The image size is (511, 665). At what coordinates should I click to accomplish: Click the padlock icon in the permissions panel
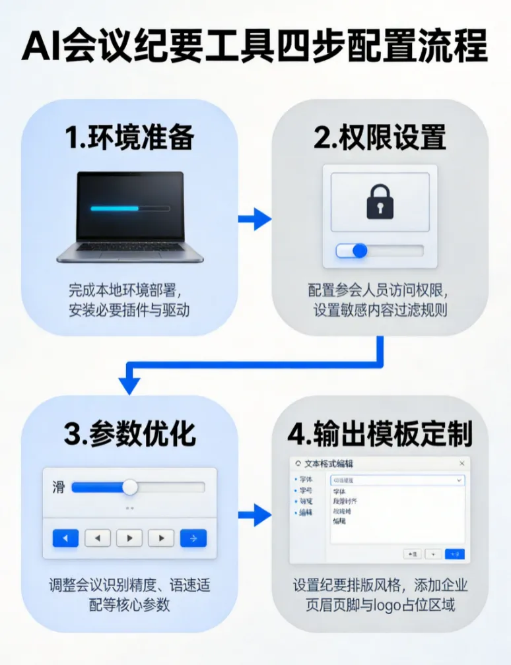pyautogui.click(x=380, y=202)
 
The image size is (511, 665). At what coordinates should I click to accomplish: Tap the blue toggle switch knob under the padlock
pyautogui.click(x=359, y=251)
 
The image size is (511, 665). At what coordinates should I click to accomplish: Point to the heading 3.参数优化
pyautogui.click(x=129, y=433)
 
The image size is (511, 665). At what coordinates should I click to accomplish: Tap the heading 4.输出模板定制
pyautogui.click(x=380, y=433)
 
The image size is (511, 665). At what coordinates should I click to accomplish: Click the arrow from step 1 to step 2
pyautogui.click(x=255, y=218)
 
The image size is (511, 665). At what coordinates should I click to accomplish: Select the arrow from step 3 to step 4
pyautogui.click(x=255, y=515)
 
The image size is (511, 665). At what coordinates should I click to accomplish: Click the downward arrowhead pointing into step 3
pyautogui.click(x=129, y=383)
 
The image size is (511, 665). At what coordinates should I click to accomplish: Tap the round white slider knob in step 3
pyautogui.click(x=130, y=488)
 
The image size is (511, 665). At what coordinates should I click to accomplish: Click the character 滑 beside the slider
pyautogui.click(x=58, y=488)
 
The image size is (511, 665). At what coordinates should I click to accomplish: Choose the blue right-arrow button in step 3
pyautogui.click(x=193, y=538)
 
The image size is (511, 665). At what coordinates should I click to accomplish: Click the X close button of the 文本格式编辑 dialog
pyautogui.click(x=461, y=464)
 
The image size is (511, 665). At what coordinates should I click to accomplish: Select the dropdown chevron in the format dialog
pyautogui.click(x=459, y=481)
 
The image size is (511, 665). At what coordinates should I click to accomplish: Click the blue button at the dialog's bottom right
pyautogui.click(x=454, y=554)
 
